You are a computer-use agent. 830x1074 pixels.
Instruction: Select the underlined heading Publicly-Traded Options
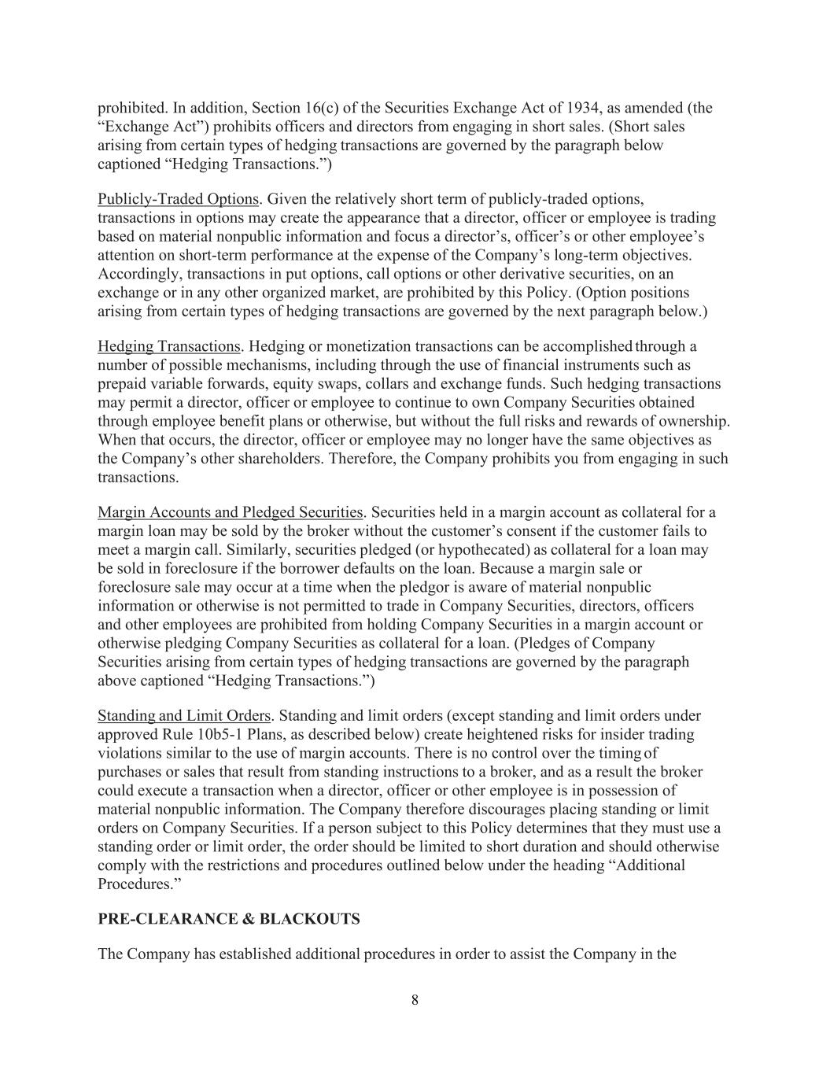click(178, 199)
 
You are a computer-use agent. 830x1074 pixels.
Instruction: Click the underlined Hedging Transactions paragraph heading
click(168, 346)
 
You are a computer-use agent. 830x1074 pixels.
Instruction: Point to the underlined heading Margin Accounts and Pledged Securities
click(230, 513)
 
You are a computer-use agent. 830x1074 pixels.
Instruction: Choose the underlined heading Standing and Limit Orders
click(184, 716)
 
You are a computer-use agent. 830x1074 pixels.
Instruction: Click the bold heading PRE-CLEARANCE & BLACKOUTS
click(228, 920)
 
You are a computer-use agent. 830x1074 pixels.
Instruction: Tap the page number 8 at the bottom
click(415, 1001)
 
